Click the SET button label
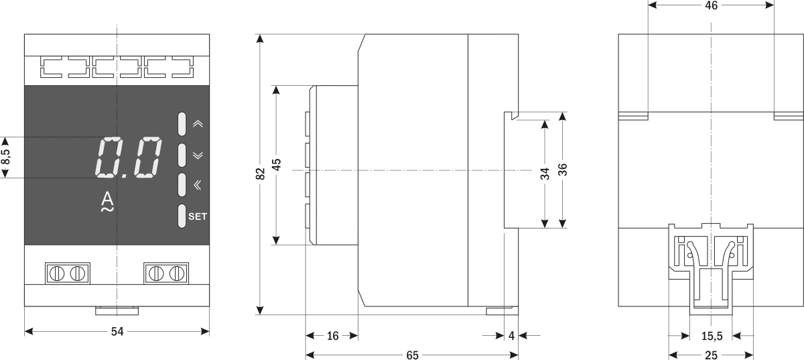pos(198,217)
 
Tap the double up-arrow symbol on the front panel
pos(197,124)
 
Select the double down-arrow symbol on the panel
pos(197,155)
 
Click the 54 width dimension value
pos(117,331)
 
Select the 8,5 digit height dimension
pos(6,158)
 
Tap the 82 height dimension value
pos(261,174)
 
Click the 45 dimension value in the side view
pos(276,165)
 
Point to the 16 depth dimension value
pos(332,337)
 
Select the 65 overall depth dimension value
pos(411,355)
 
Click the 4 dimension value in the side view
pos(511,337)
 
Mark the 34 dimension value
pos(545,174)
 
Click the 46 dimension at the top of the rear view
pos(711,5)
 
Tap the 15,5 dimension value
pos(711,336)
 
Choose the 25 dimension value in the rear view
pos(711,355)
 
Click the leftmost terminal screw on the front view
pos(58,273)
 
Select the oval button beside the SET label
pos(182,216)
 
